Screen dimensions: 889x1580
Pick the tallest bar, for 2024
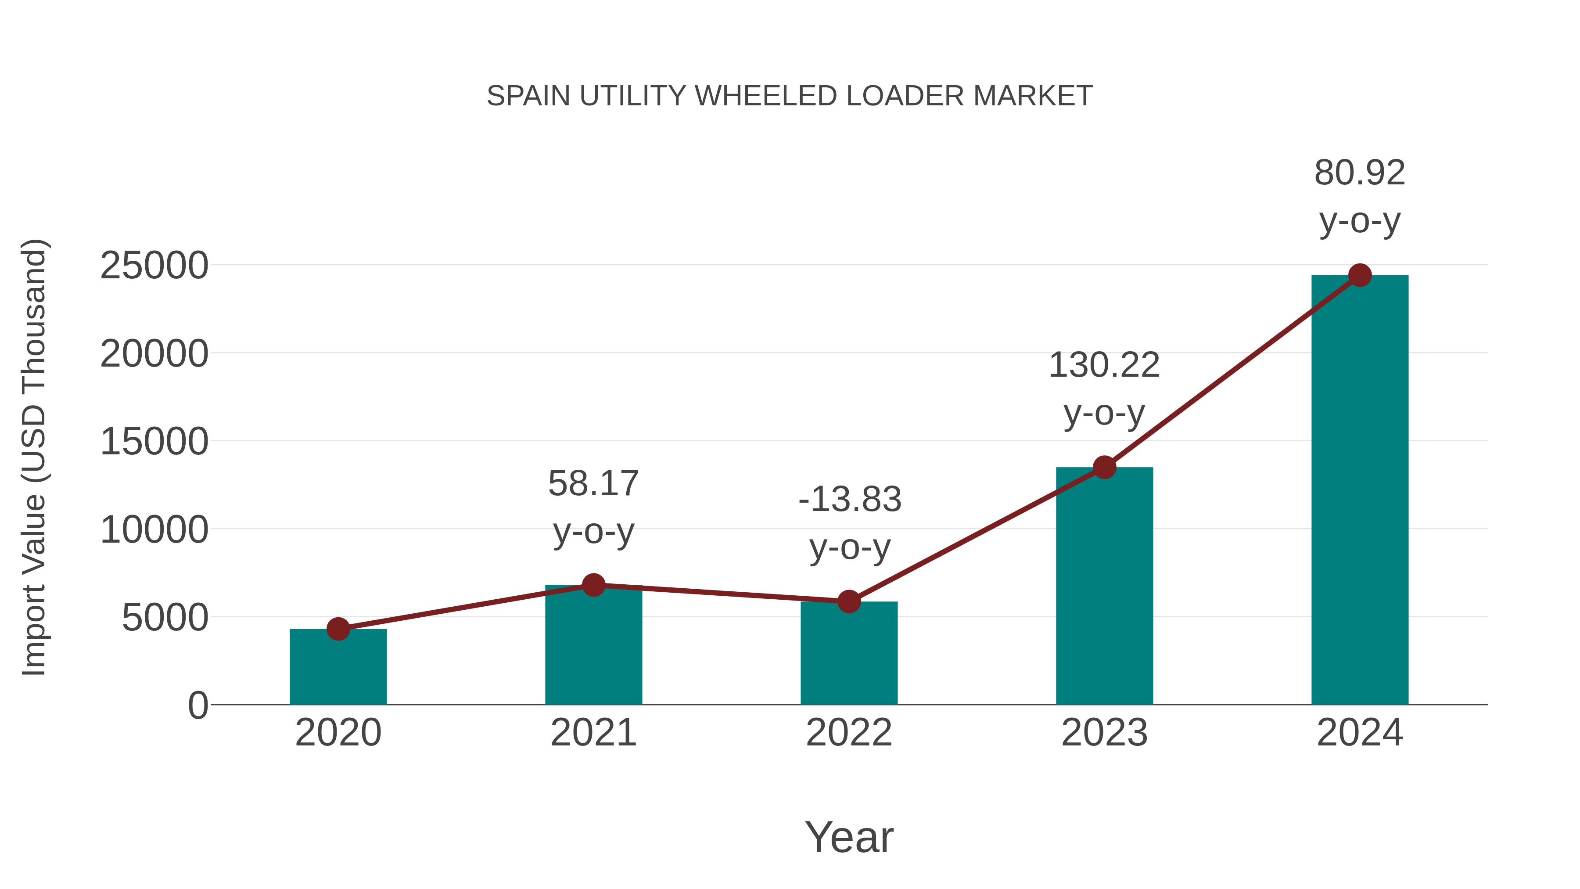pos(1360,491)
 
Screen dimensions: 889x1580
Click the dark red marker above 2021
pos(593,585)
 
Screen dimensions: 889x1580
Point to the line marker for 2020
pos(338,629)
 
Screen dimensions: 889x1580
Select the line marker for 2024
pos(1360,275)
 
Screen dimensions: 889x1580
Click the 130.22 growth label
pos(1104,365)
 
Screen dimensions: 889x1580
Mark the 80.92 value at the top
pos(1360,173)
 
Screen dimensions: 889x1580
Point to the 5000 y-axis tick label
pos(165,617)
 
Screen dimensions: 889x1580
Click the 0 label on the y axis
pos(198,705)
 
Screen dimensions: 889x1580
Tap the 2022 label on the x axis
pos(849,733)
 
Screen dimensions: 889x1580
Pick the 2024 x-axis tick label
pos(1360,733)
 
